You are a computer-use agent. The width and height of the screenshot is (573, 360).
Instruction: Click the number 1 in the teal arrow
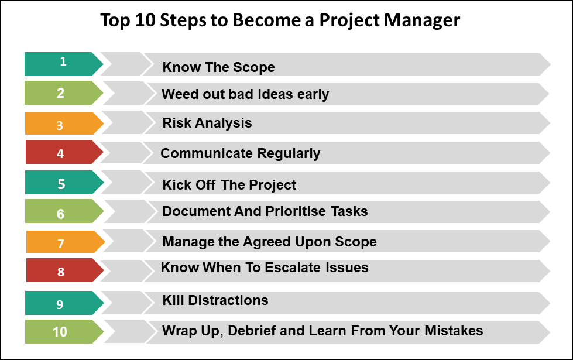(63, 61)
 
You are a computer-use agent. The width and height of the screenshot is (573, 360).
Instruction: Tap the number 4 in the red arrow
(61, 154)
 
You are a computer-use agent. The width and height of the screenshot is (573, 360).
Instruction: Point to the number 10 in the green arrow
(60, 332)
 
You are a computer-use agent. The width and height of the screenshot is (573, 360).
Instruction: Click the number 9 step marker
(60, 304)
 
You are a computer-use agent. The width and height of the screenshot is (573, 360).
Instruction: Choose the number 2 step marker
(61, 92)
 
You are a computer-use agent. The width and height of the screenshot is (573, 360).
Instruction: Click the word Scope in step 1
(255, 67)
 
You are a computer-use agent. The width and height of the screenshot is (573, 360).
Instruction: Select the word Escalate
(291, 268)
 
